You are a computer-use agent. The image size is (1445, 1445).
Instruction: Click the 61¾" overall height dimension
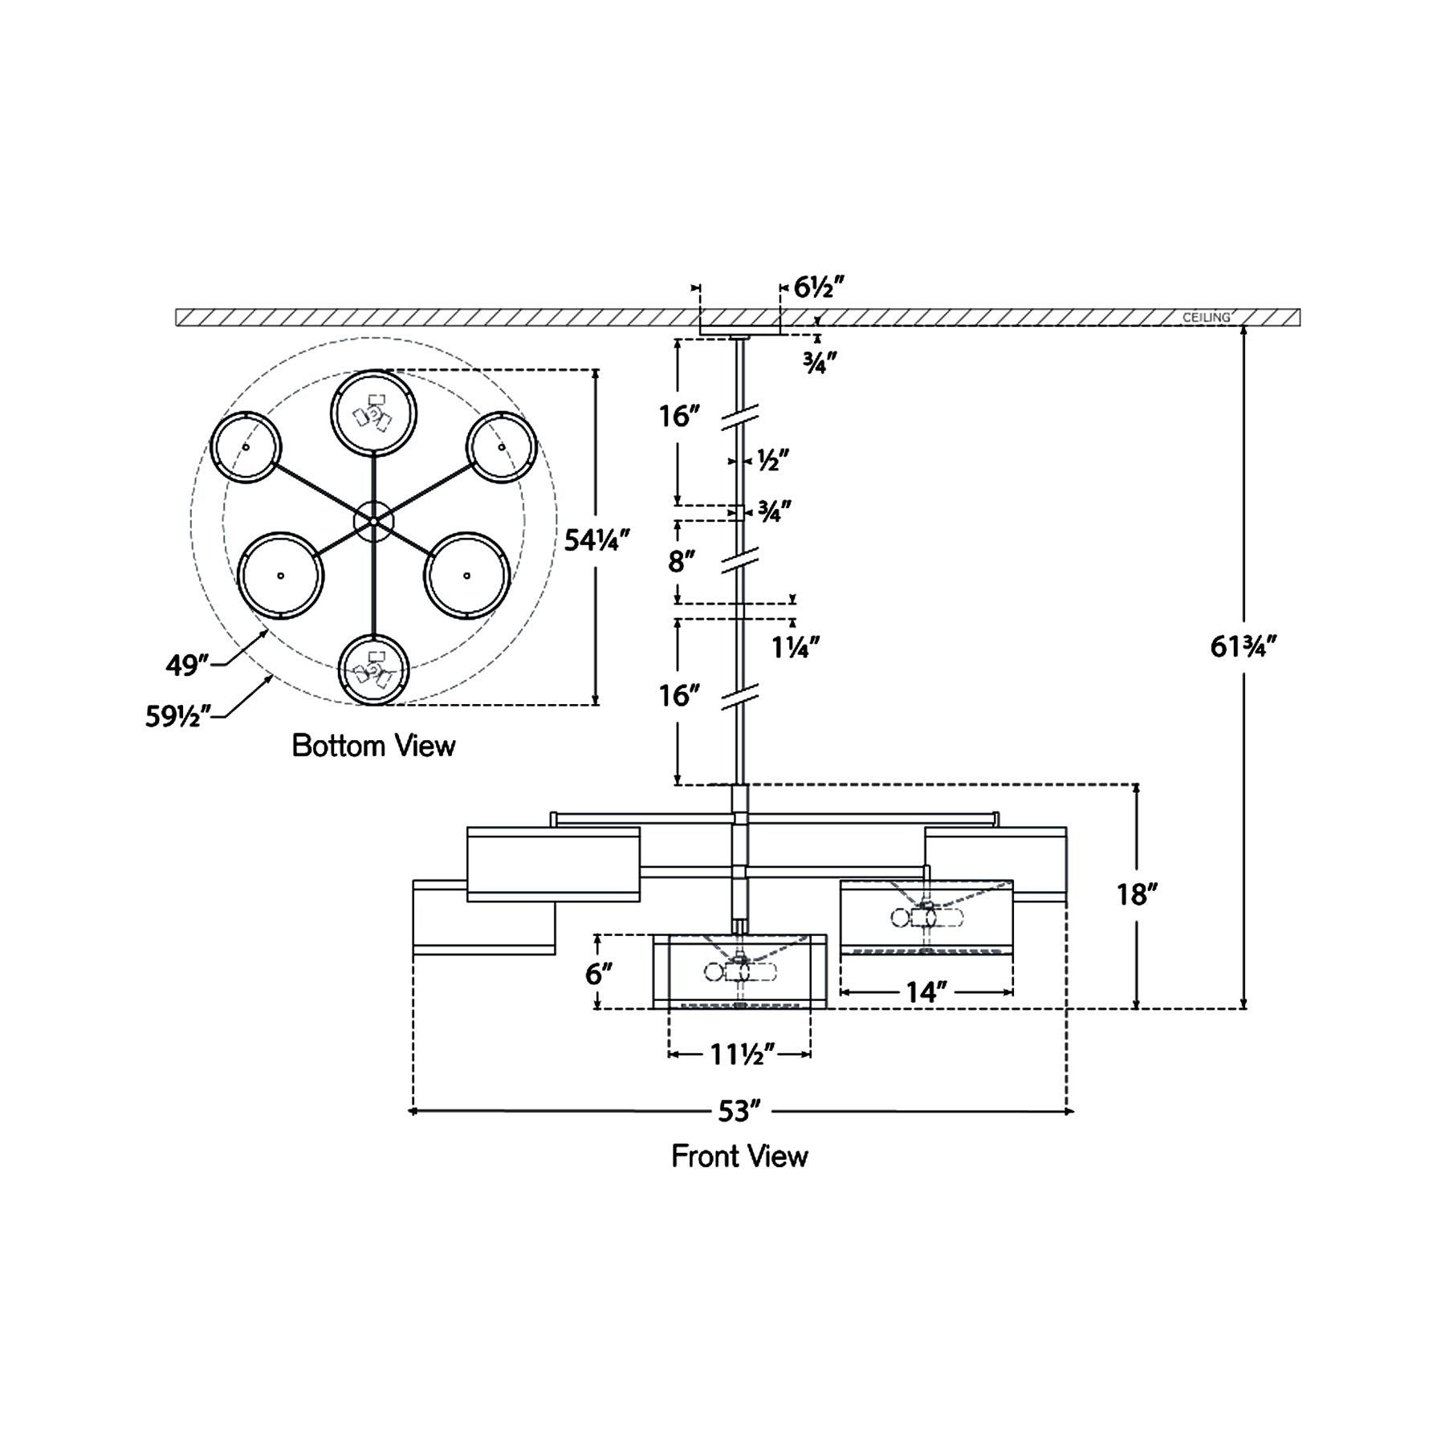coord(1243,647)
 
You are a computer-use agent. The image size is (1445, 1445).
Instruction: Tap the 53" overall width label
coord(739,1112)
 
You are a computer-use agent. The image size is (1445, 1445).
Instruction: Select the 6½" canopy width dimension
coord(820,287)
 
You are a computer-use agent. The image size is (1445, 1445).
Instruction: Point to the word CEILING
coord(1206,318)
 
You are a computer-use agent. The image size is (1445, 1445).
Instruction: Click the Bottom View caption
coord(373,746)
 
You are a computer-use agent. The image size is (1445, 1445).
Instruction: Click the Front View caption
coord(739,1157)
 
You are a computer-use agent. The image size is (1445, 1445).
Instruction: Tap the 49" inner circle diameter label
coord(187,665)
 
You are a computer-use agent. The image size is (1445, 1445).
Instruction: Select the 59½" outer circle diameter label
coord(177,715)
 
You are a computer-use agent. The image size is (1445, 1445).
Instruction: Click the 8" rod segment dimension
coord(681,562)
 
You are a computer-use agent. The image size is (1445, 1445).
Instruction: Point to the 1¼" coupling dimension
coord(796,647)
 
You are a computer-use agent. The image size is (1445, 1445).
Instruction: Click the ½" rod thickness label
coord(773,461)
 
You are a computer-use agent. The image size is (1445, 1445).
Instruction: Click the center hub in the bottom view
coord(374,522)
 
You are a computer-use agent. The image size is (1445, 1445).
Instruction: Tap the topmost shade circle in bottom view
coord(373,413)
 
